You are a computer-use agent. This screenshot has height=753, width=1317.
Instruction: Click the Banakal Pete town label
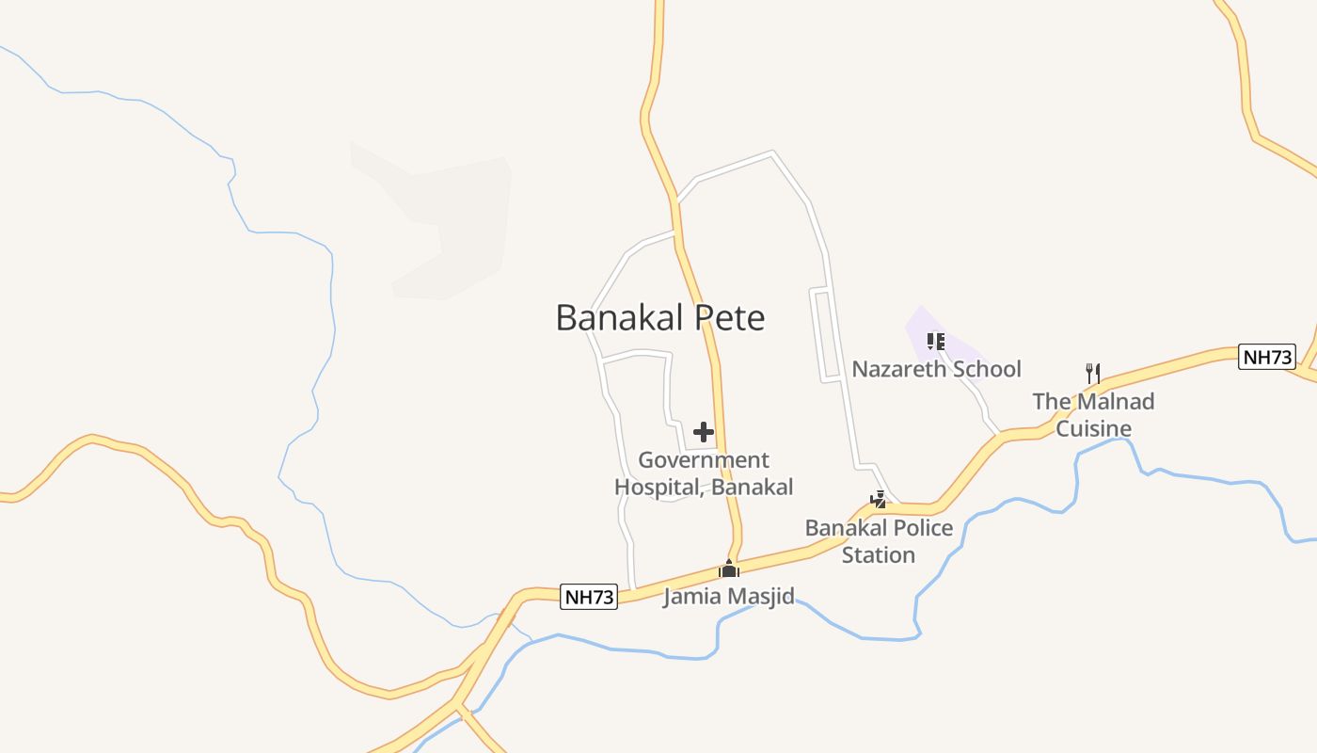click(659, 317)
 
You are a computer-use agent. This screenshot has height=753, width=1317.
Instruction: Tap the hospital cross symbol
click(704, 432)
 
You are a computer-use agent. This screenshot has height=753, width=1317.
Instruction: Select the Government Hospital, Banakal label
click(704, 473)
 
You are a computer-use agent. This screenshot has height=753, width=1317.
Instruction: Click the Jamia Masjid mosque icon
click(729, 569)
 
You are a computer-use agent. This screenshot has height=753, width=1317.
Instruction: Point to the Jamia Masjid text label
click(729, 596)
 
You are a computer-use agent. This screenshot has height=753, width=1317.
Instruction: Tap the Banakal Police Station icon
click(878, 500)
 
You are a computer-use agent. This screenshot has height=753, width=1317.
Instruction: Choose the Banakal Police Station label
click(879, 541)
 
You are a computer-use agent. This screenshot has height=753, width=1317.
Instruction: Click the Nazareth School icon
click(935, 342)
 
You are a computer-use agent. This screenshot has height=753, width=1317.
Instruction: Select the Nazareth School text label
click(936, 369)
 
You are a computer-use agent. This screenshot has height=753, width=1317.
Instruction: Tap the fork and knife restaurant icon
click(1093, 374)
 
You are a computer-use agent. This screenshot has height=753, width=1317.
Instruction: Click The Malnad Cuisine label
click(1093, 415)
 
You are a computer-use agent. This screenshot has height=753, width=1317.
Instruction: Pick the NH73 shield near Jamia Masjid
click(589, 597)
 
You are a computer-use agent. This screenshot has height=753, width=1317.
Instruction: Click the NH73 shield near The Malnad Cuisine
click(1267, 357)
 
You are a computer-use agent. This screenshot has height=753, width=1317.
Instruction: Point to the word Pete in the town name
click(730, 317)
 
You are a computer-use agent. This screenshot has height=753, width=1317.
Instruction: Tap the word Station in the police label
click(879, 555)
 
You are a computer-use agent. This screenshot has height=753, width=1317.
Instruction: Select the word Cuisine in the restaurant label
click(1093, 429)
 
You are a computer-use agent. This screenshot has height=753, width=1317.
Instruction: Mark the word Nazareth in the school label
click(897, 369)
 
